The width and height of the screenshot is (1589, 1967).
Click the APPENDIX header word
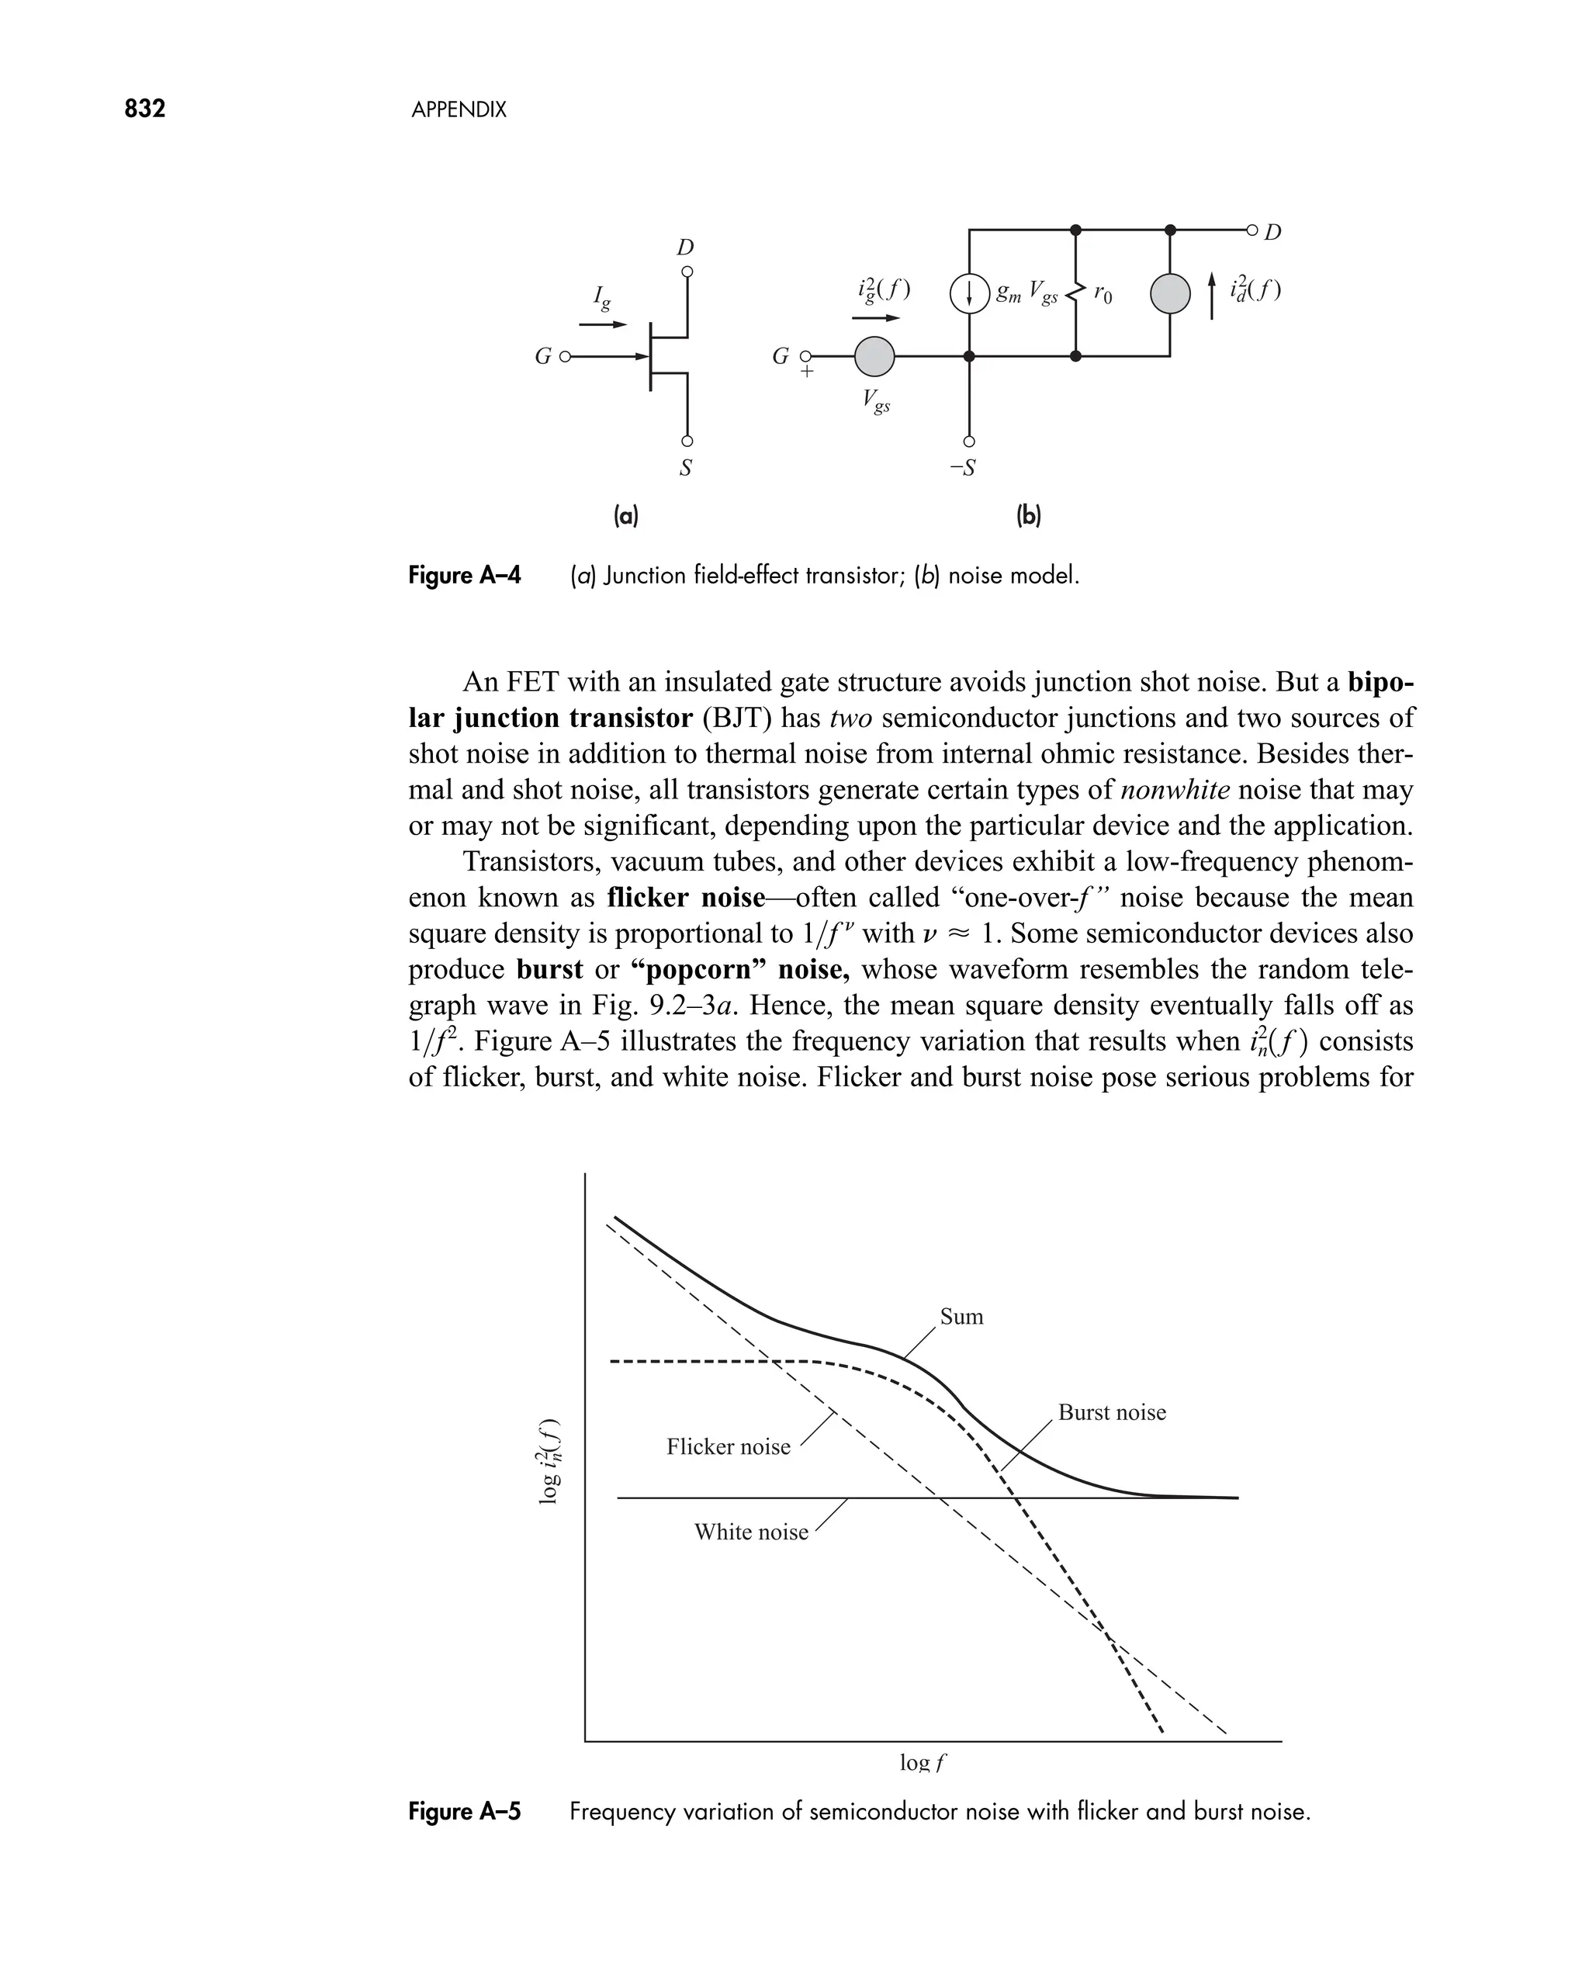point(459,111)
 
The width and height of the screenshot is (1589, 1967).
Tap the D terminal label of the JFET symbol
point(684,247)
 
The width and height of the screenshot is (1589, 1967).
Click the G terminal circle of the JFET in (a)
point(565,356)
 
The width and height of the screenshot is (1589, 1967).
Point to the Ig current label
point(601,296)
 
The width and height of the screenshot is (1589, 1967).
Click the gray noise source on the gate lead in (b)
point(874,357)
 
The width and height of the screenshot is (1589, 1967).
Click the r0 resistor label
point(1103,294)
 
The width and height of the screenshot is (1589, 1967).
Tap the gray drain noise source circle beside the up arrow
point(1170,294)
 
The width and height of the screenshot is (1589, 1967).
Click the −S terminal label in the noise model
point(962,469)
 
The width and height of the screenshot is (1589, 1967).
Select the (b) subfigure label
point(1029,516)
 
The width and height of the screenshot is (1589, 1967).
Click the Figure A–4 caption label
point(464,576)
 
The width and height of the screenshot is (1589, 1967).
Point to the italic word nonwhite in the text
point(1175,789)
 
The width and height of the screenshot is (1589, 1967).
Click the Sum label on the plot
point(961,1316)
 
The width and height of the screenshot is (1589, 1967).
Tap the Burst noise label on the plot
point(1111,1412)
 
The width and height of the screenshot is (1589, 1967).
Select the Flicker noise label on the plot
point(728,1447)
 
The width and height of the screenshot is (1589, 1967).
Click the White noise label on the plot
point(750,1532)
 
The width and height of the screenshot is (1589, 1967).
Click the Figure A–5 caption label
point(464,1811)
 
